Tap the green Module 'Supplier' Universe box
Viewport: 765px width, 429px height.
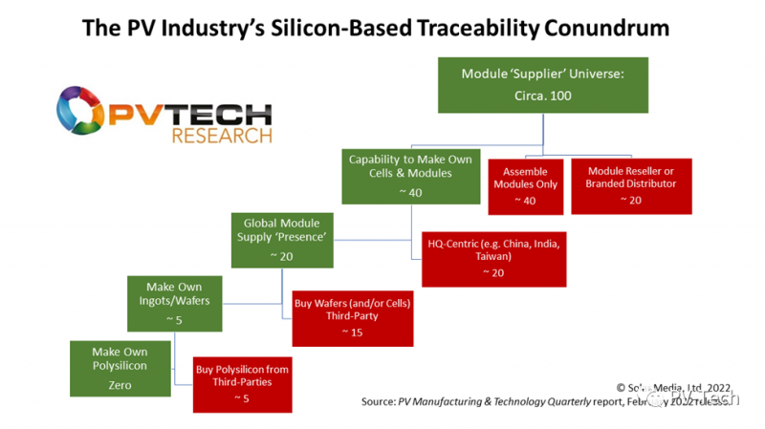point(543,85)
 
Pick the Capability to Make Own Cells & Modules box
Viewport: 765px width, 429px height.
point(401,175)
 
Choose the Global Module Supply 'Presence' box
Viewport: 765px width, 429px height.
point(282,240)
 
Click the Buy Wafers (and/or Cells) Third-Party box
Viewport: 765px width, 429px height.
point(353,315)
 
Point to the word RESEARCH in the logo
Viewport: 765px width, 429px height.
point(221,136)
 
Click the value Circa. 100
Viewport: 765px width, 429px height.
point(542,97)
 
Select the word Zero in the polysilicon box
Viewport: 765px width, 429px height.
point(120,385)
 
